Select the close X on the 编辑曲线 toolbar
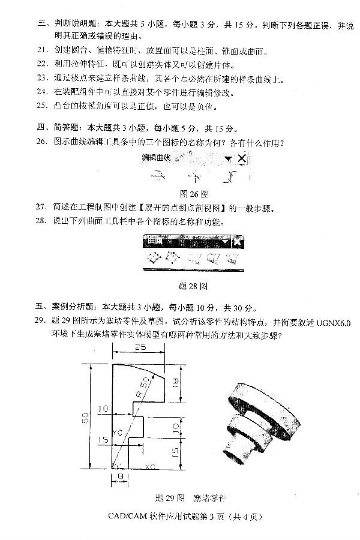pyautogui.click(x=241, y=158)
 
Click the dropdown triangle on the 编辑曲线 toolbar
pyautogui.click(x=228, y=158)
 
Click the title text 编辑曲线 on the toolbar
pyautogui.click(x=156, y=158)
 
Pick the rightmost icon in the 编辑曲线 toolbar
pyautogui.click(x=230, y=178)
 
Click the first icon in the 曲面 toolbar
pyautogui.click(x=154, y=259)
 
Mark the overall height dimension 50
pyautogui.click(x=85, y=416)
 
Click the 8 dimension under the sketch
pyautogui.click(x=121, y=476)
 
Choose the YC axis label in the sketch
pyautogui.click(x=118, y=431)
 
